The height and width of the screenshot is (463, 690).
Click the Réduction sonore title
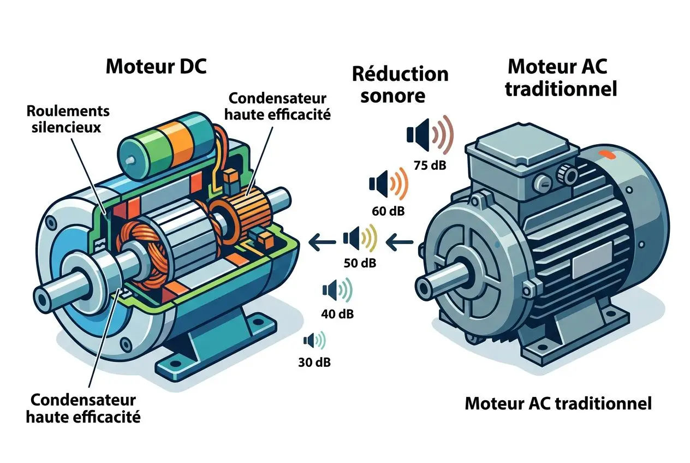[x=400, y=84]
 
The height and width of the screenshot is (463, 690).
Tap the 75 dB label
[x=430, y=164]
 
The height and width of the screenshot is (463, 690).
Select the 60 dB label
[x=386, y=210]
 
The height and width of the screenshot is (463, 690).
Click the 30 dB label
[x=314, y=362]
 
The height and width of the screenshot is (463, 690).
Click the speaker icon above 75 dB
[x=430, y=134]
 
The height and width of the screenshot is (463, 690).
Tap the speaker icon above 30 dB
[x=314, y=341]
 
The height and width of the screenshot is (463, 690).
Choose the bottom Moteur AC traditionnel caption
[x=558, y=404]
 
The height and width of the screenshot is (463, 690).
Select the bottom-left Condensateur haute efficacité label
[x=84, y=408]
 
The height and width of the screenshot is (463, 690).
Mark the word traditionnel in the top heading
[x=561, y=88]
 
